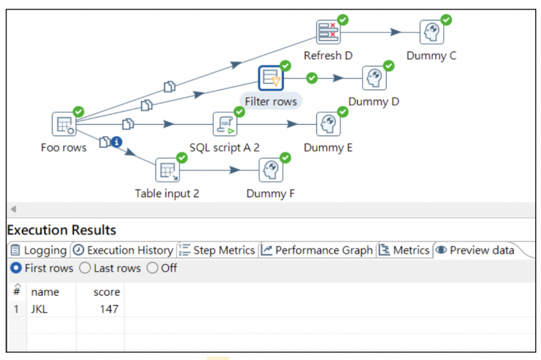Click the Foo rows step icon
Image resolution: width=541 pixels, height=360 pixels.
(63, 124)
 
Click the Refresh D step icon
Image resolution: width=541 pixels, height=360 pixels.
(328, 32)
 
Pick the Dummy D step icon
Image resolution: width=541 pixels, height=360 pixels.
(374, 78)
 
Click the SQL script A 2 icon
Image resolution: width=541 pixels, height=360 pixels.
(225, 124)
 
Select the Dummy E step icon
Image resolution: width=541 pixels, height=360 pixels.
(328, 124)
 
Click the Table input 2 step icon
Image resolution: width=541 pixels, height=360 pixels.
(167, 170)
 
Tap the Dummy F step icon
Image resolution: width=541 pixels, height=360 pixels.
(270, 170)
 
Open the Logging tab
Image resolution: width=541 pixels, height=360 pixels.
(39, 250)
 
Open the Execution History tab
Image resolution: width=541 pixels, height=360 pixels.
(123, 250)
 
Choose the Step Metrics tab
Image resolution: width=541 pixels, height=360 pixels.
(217, 250)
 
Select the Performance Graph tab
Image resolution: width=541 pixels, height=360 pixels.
(317, 250)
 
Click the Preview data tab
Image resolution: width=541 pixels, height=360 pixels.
(475, 250)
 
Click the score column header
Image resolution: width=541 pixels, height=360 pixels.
(107, 292)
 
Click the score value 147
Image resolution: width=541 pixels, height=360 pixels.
(108, 309)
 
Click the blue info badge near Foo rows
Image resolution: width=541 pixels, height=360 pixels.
(117, 142)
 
